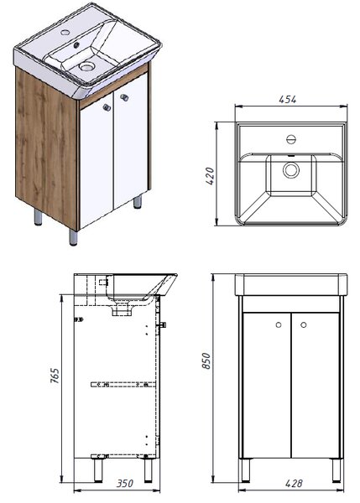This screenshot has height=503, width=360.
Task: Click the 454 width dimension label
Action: pos(288,100)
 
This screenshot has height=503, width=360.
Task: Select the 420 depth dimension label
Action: pos(210,176)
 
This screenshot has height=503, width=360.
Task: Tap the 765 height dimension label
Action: pos(55,376)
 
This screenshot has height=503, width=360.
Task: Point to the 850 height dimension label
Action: pos(206,360)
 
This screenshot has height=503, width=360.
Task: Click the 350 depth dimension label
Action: pos(124,484)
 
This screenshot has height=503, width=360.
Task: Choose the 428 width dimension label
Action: pos(294,484)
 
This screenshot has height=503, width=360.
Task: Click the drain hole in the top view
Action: pos(291,170)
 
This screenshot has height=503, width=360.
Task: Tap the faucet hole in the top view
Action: pos(291,139)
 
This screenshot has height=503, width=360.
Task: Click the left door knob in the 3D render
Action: pos(107,107)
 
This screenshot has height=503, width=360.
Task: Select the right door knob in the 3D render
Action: pos(124,97)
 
